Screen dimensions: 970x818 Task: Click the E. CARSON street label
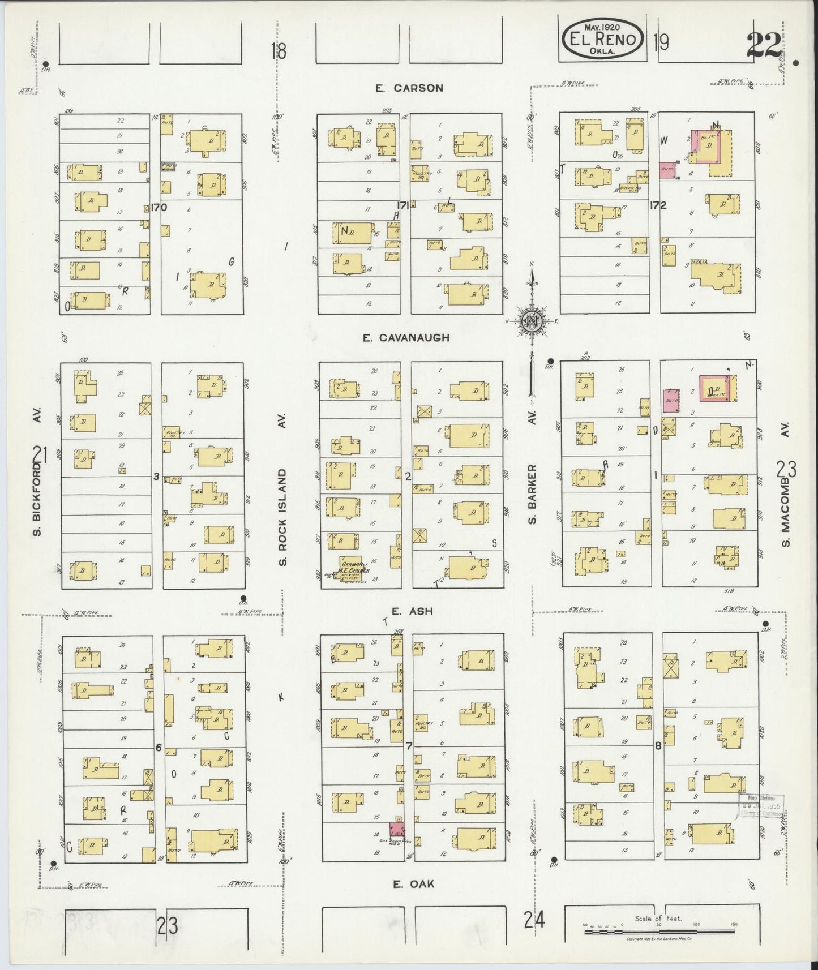tap(409, 88)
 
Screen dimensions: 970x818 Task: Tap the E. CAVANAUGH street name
tap(406, 338)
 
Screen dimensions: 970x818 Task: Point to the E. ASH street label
tap(404, 611)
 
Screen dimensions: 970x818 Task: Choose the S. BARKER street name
tap(532, 493)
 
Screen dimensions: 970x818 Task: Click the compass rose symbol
tap(532, 321)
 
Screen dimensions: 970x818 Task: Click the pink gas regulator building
tap(397, 830)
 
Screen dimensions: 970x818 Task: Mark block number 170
tap(159, 208)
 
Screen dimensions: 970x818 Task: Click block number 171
tap(403, 205)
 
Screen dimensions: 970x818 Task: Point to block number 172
tap(658, 205)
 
